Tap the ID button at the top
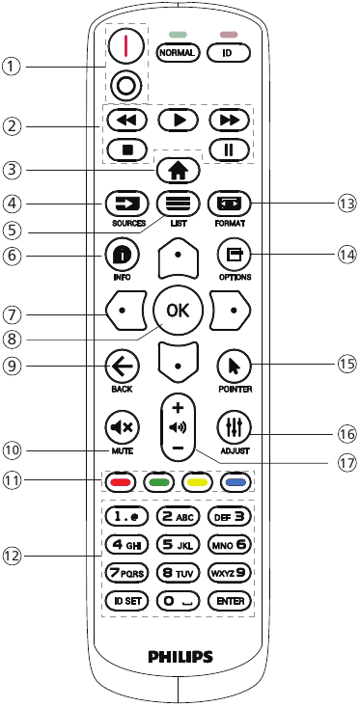228,52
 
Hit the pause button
228,150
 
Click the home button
180,171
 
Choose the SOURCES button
127,204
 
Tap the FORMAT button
232,204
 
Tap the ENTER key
229,600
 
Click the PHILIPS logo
180,657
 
